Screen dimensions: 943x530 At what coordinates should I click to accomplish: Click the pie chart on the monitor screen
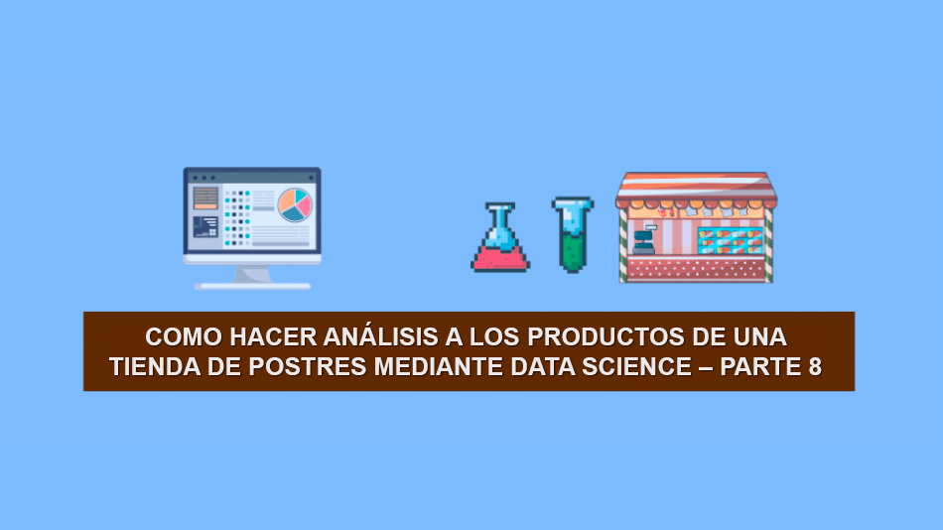(x=295, y=205)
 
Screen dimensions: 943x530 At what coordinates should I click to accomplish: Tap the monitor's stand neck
(x=252, y=274)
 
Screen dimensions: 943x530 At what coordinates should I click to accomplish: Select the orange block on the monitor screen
(x=205, y=198)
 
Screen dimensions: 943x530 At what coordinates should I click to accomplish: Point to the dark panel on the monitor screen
(x=205, y=227)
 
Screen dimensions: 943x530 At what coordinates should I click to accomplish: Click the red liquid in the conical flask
(x=500, y=258)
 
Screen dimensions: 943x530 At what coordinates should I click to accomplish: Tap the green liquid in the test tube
(x=572, y=251)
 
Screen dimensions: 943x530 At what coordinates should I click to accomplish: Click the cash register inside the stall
(x=643, y=241)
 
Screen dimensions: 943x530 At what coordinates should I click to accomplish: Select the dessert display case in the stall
(x=731, y=240)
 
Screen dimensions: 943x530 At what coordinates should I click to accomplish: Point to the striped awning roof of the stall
(x=697, y=189)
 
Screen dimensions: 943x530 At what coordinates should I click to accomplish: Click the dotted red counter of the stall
(x=696, y=269)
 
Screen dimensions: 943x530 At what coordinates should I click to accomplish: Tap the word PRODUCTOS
(x=606, y=336)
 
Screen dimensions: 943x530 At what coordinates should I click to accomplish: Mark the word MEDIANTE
(x=439, y=366)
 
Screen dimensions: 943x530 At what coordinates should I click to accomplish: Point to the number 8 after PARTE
(x=815, y=366)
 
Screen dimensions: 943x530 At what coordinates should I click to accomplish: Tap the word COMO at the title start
(x=184, y=336)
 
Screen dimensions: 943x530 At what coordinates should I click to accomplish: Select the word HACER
(x=273, y=336)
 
